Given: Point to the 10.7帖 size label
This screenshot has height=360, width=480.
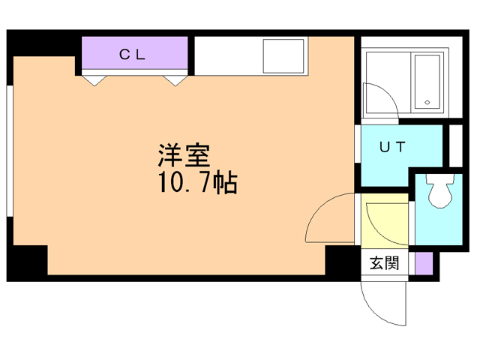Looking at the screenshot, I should [197, 182].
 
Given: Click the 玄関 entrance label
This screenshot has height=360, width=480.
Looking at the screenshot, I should [385, 263].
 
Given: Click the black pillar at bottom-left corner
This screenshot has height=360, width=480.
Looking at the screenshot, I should [28, 262].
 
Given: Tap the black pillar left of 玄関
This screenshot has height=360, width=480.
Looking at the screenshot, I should [341, 262].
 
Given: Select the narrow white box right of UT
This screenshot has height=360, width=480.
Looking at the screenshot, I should [454, 145].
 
